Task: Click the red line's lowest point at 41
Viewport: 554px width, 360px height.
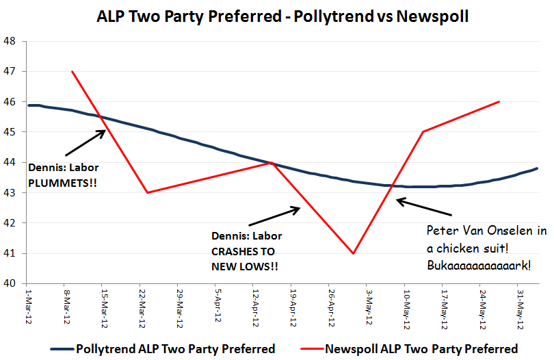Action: click(353, 253)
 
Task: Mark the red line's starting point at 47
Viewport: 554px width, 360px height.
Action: click(72, 71)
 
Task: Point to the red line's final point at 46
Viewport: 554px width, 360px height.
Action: click(500, 101)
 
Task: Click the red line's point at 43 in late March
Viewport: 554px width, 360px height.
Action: click(147, 192)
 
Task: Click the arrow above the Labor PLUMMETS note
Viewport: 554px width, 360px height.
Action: click(85, 142)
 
